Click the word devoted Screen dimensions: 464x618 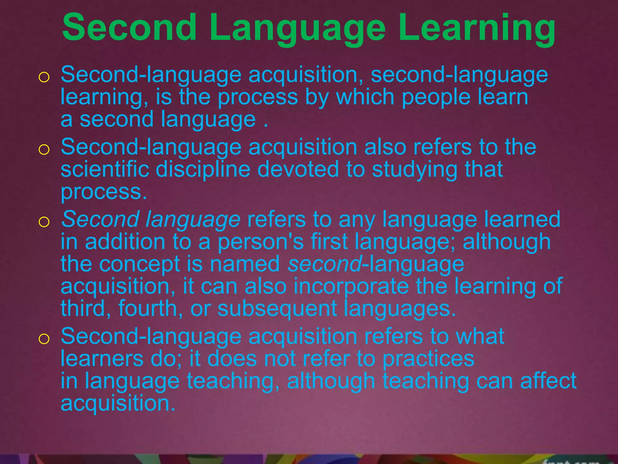coord(298,169)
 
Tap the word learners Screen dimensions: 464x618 coord(102,359)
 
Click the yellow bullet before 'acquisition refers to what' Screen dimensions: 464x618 coord(44,339)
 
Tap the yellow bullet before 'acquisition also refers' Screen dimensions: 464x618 coord(44,150)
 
